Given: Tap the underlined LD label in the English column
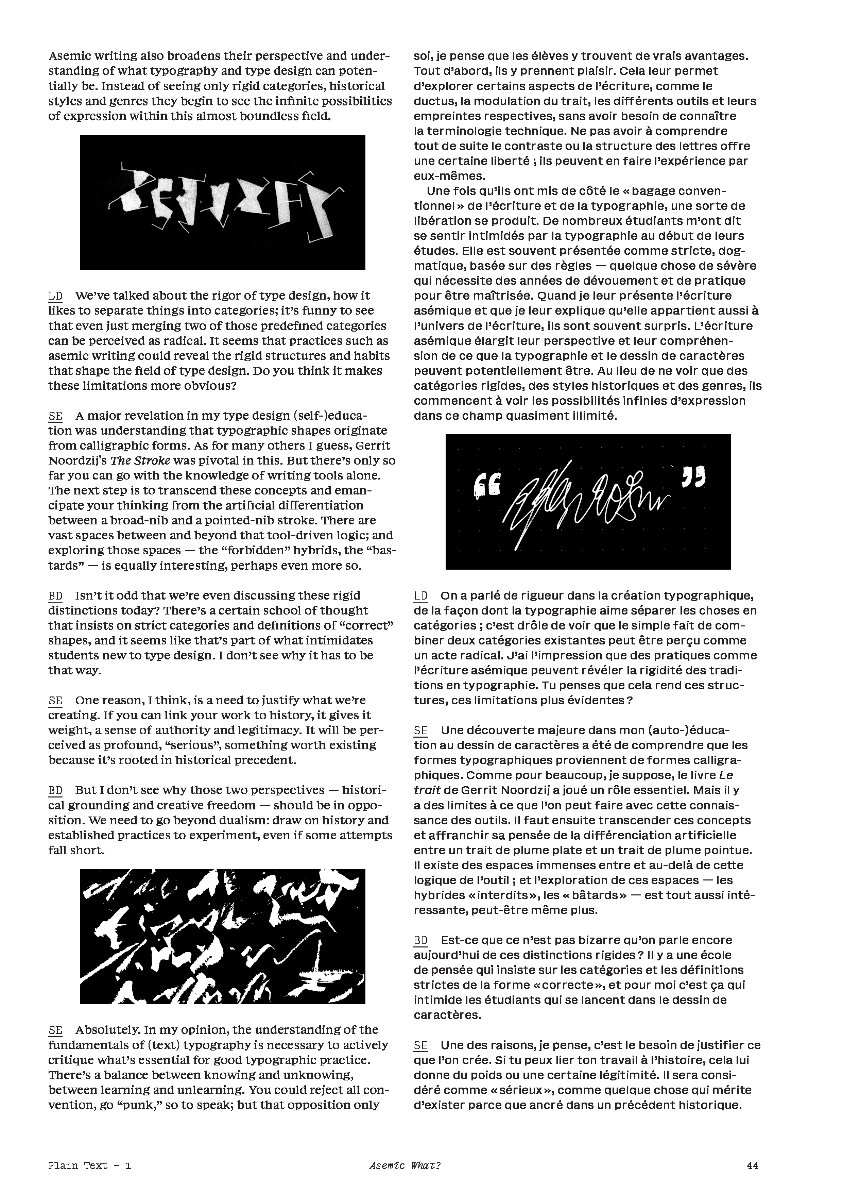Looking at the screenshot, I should pos(55,296).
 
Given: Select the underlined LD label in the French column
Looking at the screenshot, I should pos(421,595).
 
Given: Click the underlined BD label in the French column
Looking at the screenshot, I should pos(421,940).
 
